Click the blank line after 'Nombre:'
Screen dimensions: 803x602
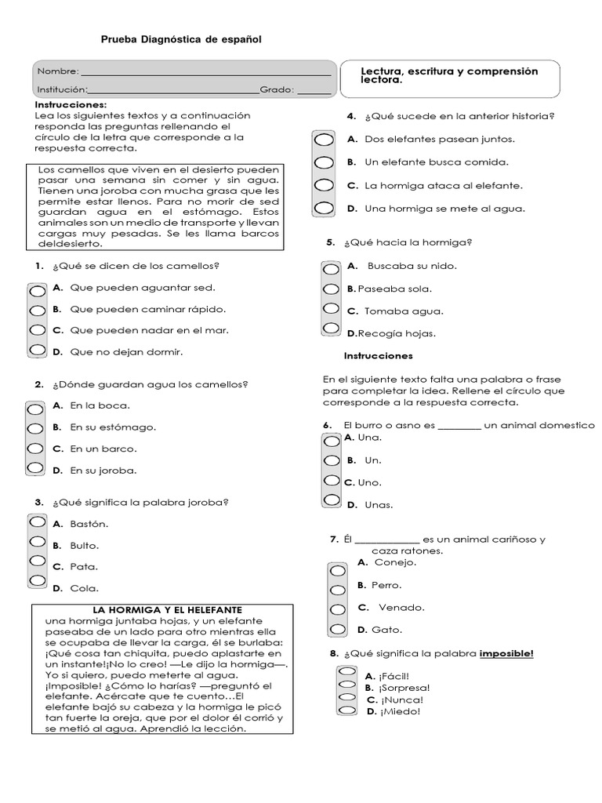pos(205,74)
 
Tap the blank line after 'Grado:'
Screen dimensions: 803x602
pos(314,91)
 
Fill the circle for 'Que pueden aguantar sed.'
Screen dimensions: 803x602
pos(37,290)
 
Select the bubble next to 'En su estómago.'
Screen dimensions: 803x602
pos(35,429)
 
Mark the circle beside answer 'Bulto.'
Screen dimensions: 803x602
pos(37,542)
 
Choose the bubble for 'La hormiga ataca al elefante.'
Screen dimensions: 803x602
pos(323,187)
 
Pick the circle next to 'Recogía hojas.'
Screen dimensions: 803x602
pos(331,329)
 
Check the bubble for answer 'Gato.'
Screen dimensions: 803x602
pos(337,629)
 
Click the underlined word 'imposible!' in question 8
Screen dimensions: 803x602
pos(506,653)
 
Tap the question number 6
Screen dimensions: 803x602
pos(328,426)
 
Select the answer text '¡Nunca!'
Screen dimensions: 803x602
pos(401,699)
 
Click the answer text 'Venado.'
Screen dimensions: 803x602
pos(401,607)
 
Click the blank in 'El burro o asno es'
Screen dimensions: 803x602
pos(459,427)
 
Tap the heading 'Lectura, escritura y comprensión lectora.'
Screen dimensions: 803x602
pos(449,75)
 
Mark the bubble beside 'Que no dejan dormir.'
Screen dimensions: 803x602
pos(37,351)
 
